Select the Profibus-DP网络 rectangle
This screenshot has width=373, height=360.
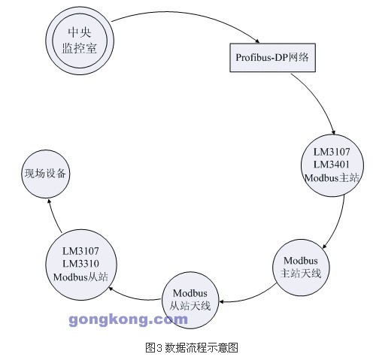pos(273,58)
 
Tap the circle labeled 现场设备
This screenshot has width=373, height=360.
pos(45,174)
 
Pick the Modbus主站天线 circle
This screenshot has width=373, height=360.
pos(301,268)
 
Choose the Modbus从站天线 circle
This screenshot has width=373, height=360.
pos(190,300)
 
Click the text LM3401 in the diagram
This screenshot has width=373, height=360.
pos(332,165)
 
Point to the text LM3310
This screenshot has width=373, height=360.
pos(80,264)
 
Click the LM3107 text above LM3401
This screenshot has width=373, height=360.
pos(332,152)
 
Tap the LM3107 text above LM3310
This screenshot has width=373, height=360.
pos(80,251)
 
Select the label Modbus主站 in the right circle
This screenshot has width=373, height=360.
pos(332,178)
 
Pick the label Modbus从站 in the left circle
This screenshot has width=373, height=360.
pos(80,277)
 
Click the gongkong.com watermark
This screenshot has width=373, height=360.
pos(128,320)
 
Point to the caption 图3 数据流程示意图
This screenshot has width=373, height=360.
pos(192,347)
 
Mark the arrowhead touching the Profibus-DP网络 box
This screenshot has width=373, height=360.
pos(257,41)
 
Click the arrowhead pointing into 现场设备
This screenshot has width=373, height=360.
pos(49,201)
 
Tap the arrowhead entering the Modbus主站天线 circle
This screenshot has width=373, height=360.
pos(324,247)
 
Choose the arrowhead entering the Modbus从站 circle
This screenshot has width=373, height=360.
pos(111,289)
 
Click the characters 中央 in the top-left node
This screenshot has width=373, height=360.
pos(80,32)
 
